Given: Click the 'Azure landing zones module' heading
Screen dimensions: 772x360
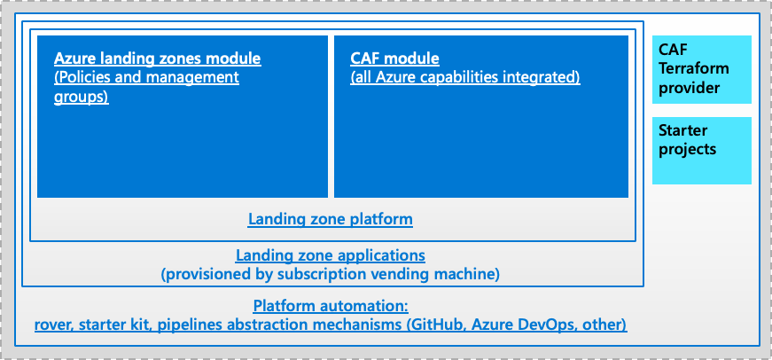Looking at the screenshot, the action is click(x=158, y=59).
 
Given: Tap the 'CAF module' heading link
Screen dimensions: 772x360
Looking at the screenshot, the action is click(x=394, y=59).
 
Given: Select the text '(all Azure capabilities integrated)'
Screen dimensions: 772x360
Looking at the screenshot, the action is click(x=465, y=78).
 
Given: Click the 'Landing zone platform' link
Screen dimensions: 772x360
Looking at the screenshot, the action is click(x=331, y=219).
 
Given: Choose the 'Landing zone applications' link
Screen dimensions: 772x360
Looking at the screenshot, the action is click(x=331, y=255).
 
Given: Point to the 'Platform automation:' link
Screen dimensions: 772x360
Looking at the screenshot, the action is click(x=331, y=306).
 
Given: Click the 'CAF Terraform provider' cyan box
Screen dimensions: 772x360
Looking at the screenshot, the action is click(x=702, y=69).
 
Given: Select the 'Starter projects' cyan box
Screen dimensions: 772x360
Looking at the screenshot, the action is click(x=702, y=150).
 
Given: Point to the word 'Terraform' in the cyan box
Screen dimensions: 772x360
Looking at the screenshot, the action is click(x=694, y=69).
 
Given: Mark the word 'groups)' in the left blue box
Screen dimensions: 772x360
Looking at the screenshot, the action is click(x=82, y=97).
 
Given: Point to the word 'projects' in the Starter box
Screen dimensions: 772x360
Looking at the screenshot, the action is click(x=687, y=150).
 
